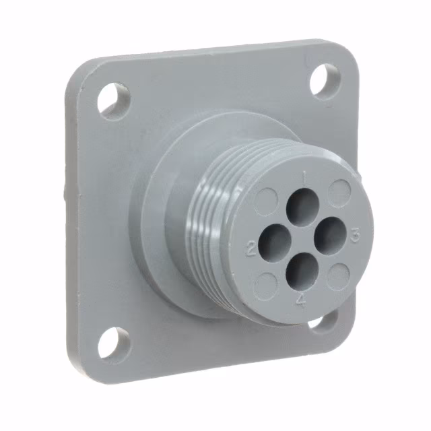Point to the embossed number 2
click(x=251, y=251)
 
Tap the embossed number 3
click(x=356, y=234)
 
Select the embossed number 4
click(x=301, y=302)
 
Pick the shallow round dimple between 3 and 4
click(x=339, y=275)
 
